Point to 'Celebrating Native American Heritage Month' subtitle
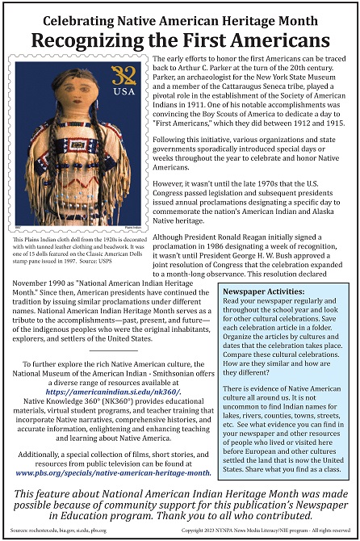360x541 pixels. [x=180, y=13]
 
